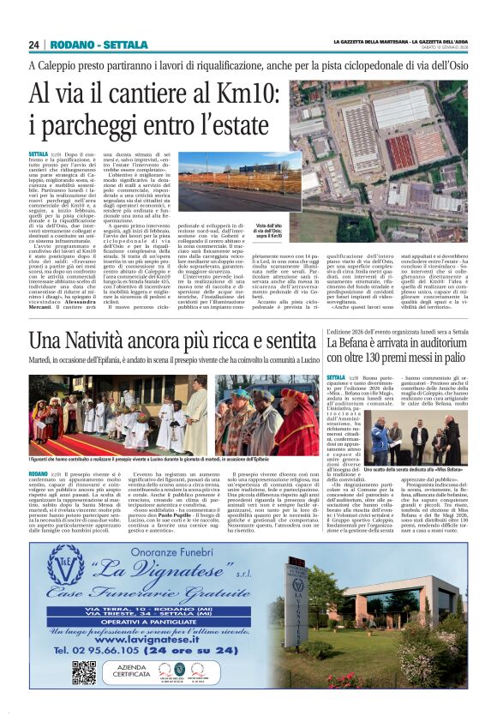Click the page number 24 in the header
coord(34,45)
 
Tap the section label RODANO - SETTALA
coord(87,45)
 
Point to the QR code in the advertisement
coord(84,672)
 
